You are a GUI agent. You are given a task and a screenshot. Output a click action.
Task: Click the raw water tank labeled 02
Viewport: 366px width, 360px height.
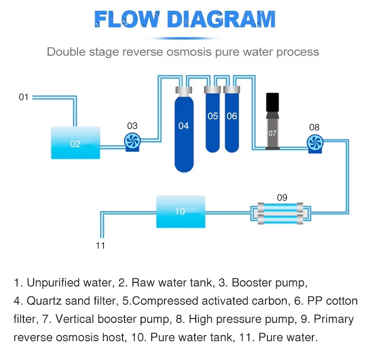pos(75,143)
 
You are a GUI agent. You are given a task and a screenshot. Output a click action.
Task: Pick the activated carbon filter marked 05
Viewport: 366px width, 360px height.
pos(213,120)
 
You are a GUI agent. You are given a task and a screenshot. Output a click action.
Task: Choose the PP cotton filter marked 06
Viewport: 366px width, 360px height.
pos(232,120)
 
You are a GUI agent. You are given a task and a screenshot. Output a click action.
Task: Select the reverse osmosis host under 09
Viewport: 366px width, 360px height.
pos(279,213)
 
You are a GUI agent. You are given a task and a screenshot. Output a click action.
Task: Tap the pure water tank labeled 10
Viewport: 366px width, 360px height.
pos(180,211)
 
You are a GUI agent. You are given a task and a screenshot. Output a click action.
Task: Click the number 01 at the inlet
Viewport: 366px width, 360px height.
pos(24,97)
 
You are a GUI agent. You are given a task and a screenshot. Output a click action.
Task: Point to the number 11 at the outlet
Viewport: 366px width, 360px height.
pos(100,245)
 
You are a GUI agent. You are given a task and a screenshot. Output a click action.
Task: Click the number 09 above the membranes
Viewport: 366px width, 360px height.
pos(282,198)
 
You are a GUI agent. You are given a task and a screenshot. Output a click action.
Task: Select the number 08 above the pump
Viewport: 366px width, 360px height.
pos(314,127)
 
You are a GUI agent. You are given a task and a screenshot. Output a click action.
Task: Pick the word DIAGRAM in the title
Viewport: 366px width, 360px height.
pos(222,21)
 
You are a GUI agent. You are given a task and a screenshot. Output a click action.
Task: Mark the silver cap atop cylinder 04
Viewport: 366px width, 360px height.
pos(183,91)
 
